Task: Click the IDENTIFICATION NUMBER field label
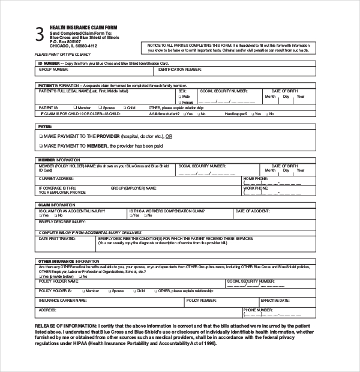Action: (179, 69)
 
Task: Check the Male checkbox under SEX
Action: (181, 96)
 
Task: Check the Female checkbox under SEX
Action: (181, 101)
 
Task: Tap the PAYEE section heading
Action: (45, 127)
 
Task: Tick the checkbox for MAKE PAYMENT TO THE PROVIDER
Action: (41, 136)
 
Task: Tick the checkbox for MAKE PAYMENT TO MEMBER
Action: (41, 146)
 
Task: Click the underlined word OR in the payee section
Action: (169, 136)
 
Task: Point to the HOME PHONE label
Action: (256, 179)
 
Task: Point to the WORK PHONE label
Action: (256, 188)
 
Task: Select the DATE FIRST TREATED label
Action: (57, 238)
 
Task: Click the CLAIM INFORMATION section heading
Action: (57, 205)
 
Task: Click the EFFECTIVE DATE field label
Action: (275, 299)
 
